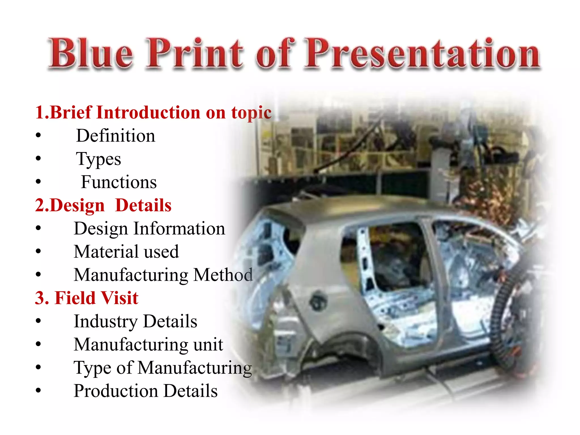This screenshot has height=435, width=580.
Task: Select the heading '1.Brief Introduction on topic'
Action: pyautogui.click(x=153, y=112)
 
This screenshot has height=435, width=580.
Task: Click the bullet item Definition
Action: pyautogui.click(x=116, y=136)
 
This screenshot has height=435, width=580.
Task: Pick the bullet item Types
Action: pyautogui.click(x=98, y=159)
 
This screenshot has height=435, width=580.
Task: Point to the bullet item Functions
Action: pyautogui.click(x=119, y=182)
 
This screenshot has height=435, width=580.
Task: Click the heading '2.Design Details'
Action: pyautogui.click(x=103, y=205)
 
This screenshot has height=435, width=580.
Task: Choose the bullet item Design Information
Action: pyautogui.click(x=149, y=229)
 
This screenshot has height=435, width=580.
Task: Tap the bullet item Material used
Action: pyautogui.click(x=126, y=252)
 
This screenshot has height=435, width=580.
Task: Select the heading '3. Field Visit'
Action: pyautogui.click(x=87, y=298)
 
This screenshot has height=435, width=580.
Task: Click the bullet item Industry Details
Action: pyautogui.click(x=135, y=321)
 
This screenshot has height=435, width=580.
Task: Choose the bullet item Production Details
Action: pyautogui.click(x=146, y=391)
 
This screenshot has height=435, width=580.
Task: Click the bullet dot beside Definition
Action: pyautogui.click(x=39, y=136)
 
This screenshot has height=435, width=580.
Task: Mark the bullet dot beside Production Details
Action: pyautogui.click(x=39, y=391)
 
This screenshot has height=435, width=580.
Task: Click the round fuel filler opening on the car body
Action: pyautogui.click(x=318, y=301)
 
